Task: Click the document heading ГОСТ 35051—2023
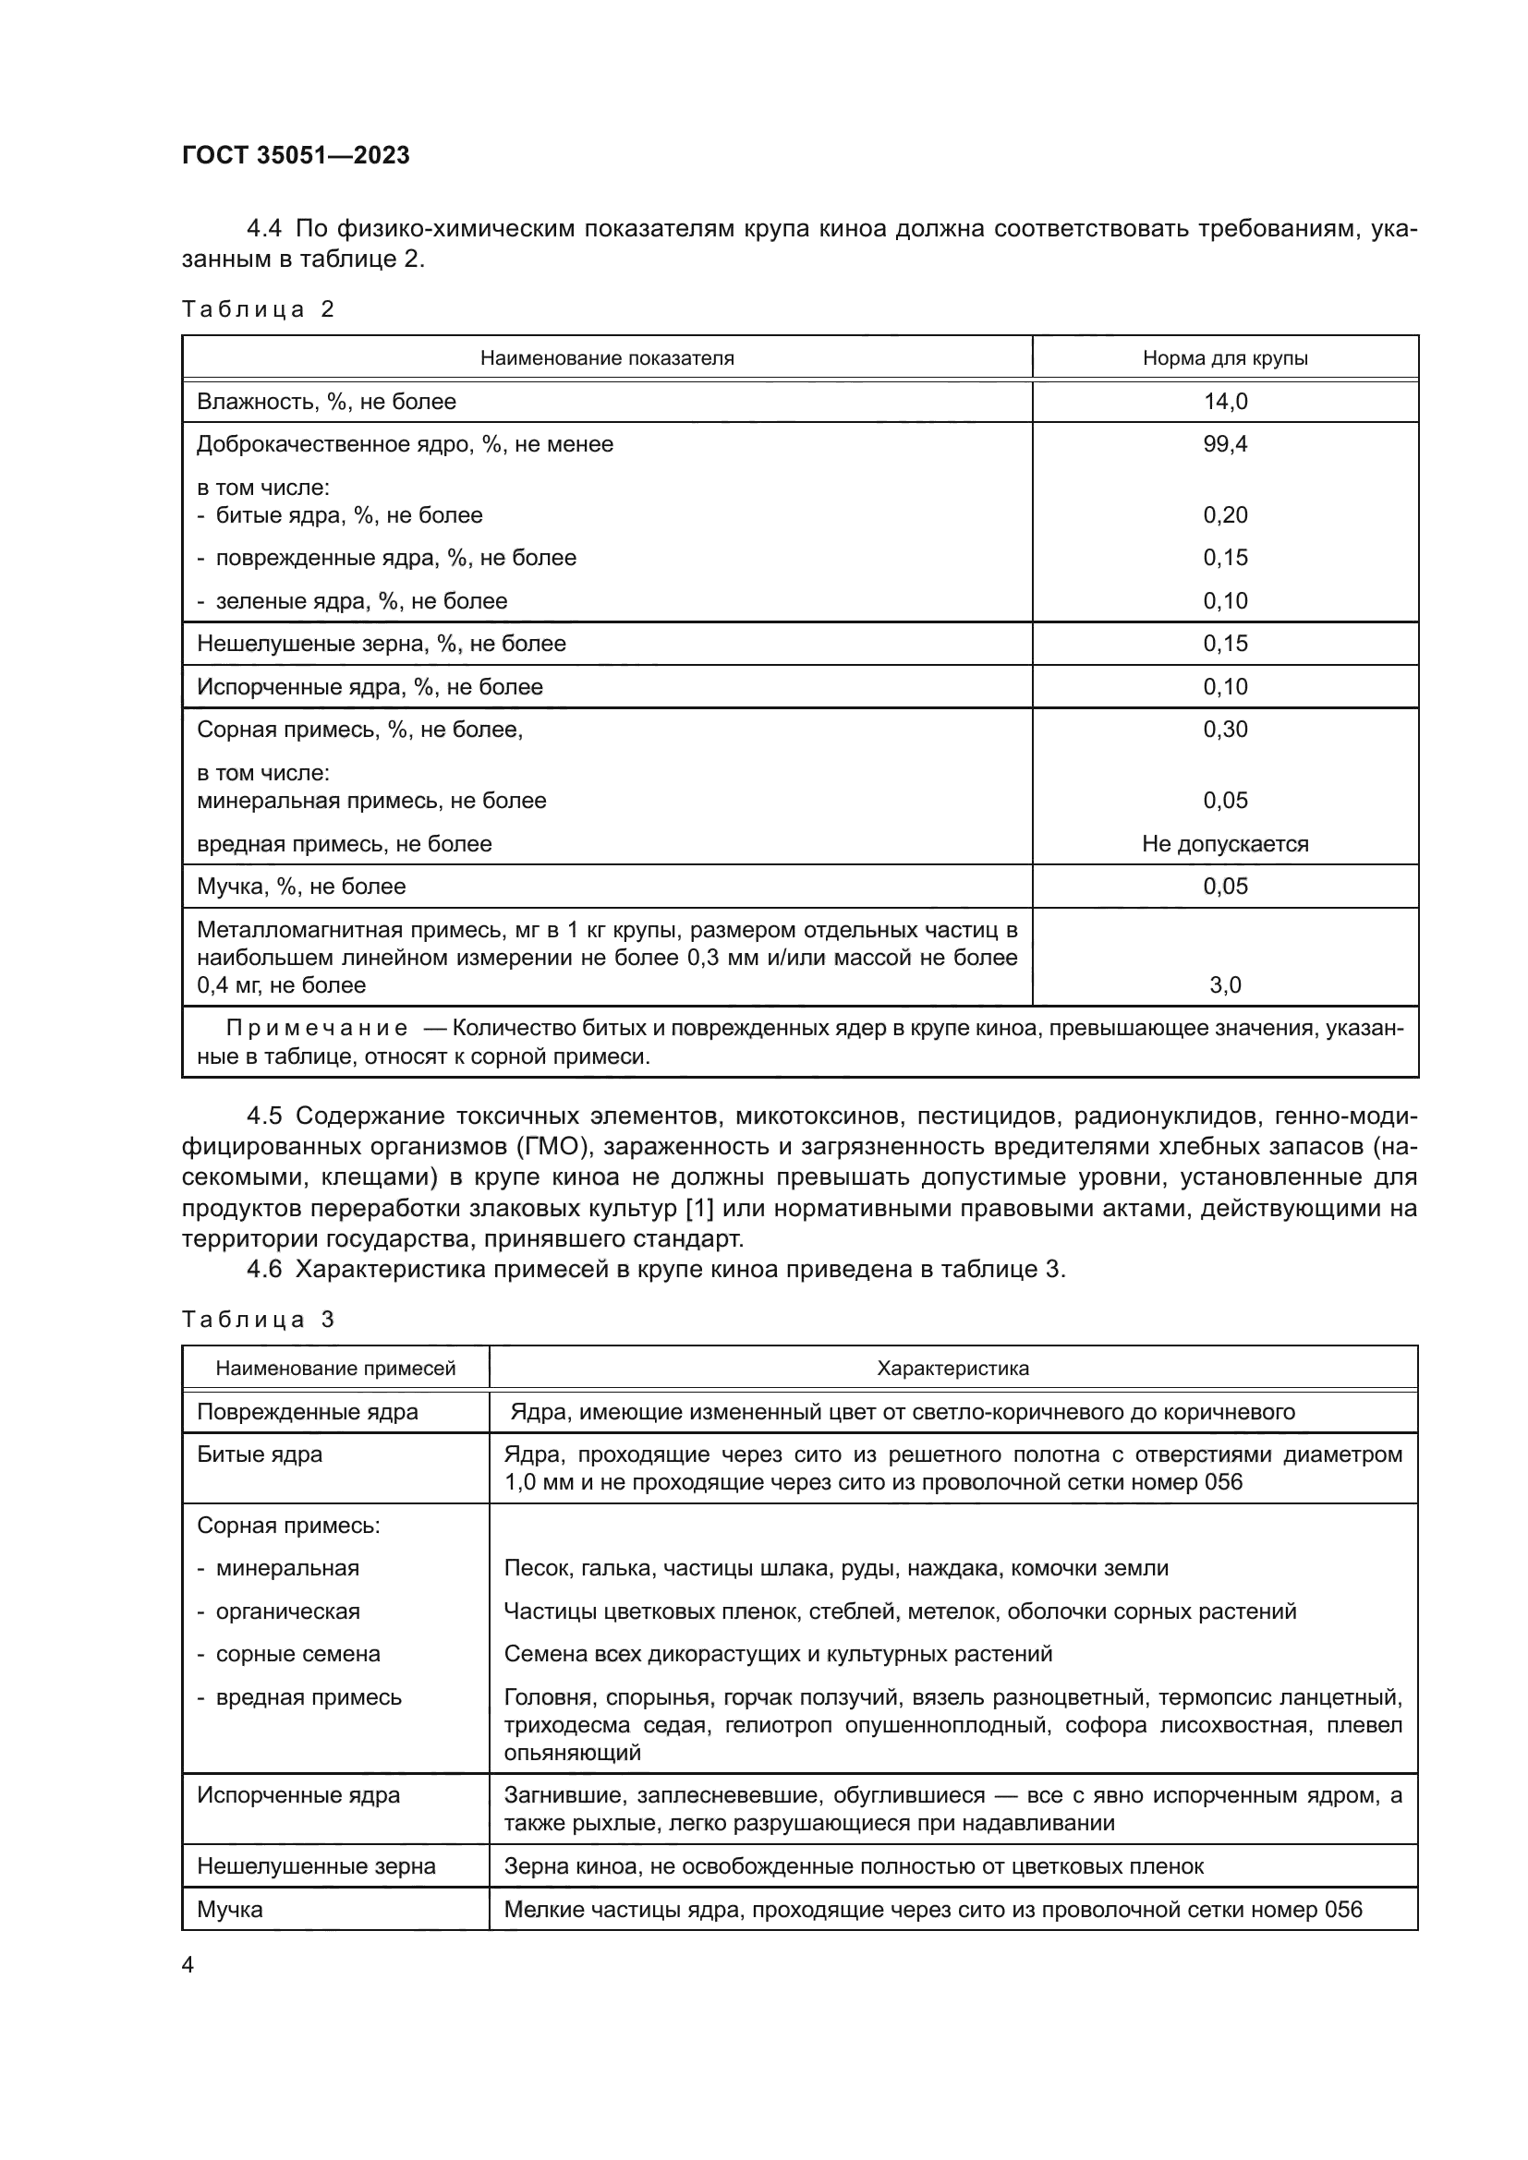(x=296, y=155)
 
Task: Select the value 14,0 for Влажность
(x=1225, y=402)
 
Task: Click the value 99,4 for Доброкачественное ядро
(x=1225, y=444)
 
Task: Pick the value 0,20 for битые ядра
(x=1225, y=514)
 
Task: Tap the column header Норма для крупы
(x=1225, y=358)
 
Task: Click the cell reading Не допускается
(x=1225, y=844)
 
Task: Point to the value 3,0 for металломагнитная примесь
(x=1225, y=985)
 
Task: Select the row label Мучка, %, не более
(x=301, y=887)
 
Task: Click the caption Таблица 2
(x=258, y=309)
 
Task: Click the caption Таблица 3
(x=258, y=1320)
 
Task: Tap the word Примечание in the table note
(x=317, y=1029)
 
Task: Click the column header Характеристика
(x=952, y=1369)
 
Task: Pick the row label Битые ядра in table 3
(x=260, y=1454)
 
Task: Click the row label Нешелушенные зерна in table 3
(x=316, y=1866)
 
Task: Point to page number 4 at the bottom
(x=188, y=1965)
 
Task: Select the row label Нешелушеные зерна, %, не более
(x=381, y=644)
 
